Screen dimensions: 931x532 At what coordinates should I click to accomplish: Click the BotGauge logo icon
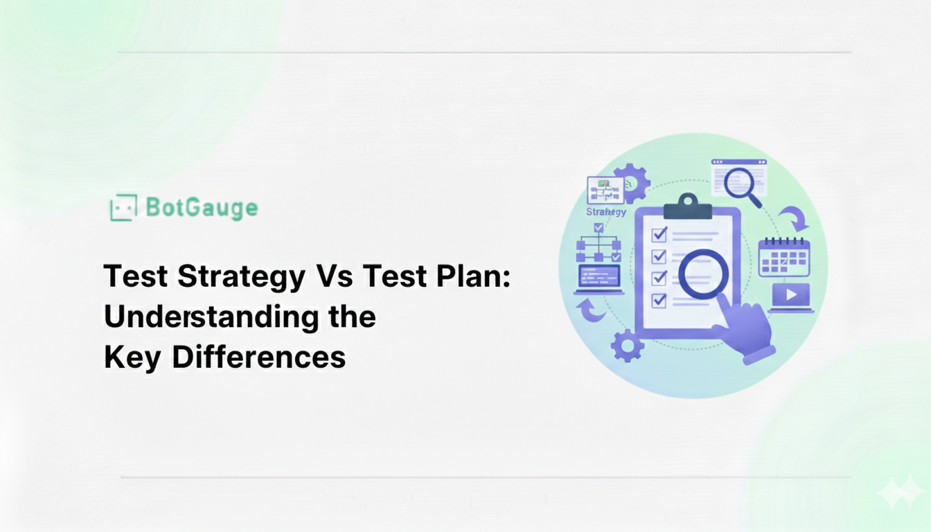pos(123,207)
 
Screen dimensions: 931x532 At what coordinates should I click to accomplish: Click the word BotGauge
pos(202,208)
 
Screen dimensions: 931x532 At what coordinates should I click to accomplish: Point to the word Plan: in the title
pos(473,276)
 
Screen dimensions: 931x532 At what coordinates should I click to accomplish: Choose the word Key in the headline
pos(132,358)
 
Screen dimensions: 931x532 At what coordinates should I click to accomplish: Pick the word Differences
pos(258,357)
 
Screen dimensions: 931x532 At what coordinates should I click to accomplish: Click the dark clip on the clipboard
pos(688,206)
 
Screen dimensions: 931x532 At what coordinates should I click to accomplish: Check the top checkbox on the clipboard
pos(659,234)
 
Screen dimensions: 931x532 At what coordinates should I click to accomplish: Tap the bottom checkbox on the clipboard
pos(659,300)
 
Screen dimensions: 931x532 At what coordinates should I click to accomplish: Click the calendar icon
pos(784,257)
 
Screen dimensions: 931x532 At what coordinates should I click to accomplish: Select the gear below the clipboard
pos(627,346)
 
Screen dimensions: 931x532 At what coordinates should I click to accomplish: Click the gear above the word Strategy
pos(631,183)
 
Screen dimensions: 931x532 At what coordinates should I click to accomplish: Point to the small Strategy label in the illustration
pos(606,212)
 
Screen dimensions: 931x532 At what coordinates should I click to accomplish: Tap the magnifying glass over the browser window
pos(743,186)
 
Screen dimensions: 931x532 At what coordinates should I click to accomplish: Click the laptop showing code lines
pos(599,279)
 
